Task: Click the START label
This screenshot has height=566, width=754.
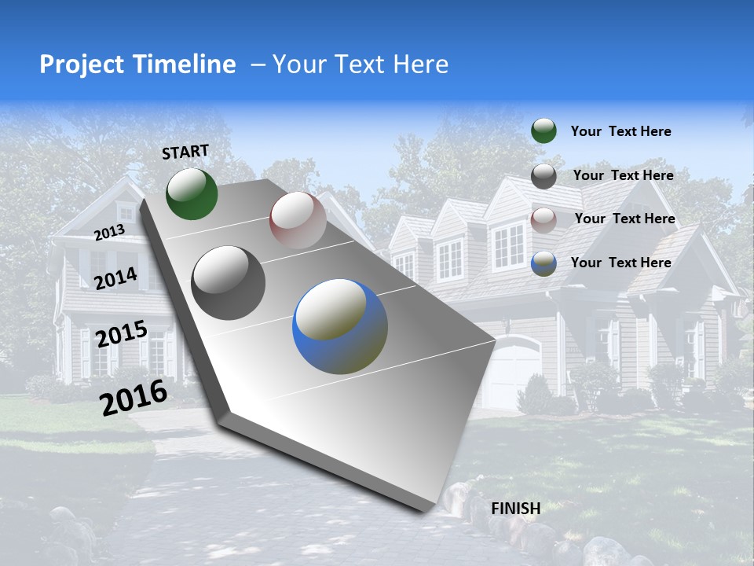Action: click(185, 152)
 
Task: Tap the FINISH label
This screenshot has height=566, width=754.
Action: click(516, 509)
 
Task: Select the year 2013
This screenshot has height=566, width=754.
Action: click(109, 232)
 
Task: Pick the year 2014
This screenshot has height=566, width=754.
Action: click(116, 278)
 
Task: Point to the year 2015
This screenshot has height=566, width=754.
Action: click(122, 334)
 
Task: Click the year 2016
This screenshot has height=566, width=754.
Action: click(134, 397)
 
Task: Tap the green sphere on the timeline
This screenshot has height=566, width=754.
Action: click(192, 193)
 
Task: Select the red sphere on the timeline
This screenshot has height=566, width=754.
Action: click(298, 220)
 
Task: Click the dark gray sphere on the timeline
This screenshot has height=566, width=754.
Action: click(229, 283)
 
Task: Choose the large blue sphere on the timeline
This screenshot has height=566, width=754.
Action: click(340, 326)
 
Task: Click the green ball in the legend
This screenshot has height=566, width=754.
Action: click(544, 130)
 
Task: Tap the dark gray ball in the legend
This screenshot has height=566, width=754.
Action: click(544, 176)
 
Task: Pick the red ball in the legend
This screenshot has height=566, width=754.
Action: click(544, 219)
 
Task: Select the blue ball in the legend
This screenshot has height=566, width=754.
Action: click(544, 263)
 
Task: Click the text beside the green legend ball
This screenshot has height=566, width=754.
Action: click(620, 131)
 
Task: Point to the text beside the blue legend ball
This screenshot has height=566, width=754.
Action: click(620, 263)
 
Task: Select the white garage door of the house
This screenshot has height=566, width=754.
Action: click(511, 373)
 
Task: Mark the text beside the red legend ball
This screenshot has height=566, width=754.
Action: click(624, 219)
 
